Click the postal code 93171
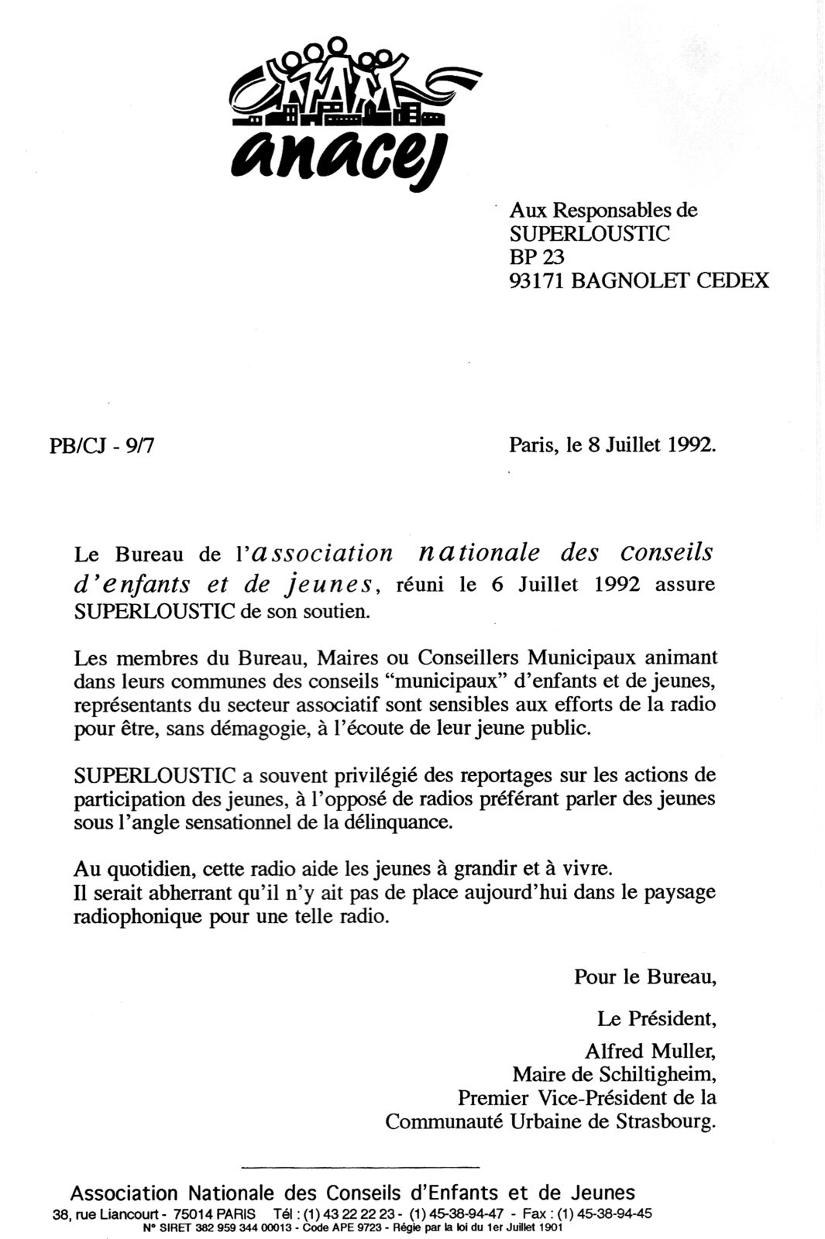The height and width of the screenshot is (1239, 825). pyautogui.click(x=536, y=280)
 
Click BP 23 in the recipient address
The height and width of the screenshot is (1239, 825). pyautogui.click(x=536, y=256)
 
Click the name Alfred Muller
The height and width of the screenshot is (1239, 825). pyautogui.click(x=650, y=1051)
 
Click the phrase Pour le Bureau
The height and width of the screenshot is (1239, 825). pyautogui.click(x=645, y=977)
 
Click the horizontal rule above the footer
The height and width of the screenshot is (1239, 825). pyautogui.click(x=361, y=1166)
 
